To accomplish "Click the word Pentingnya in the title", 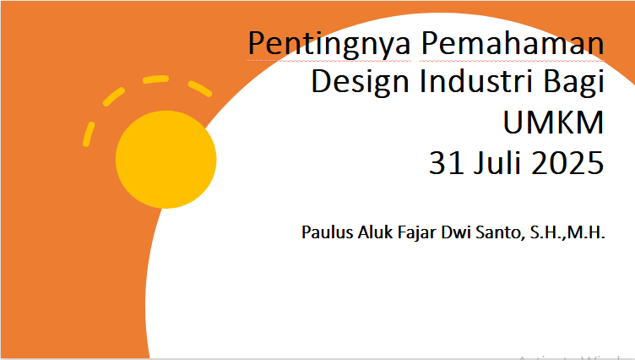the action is [329, 44].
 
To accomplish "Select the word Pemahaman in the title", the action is [513, 42].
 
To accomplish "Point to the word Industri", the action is [476, 80].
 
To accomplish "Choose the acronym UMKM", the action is [554, 122].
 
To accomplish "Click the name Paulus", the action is [328, 232].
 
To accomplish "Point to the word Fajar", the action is [417, 233].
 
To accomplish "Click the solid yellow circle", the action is [166, 160].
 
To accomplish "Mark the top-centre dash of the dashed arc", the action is [156, 79].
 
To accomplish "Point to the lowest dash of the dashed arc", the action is [89, 134].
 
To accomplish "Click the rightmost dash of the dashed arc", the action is [200, 89].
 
